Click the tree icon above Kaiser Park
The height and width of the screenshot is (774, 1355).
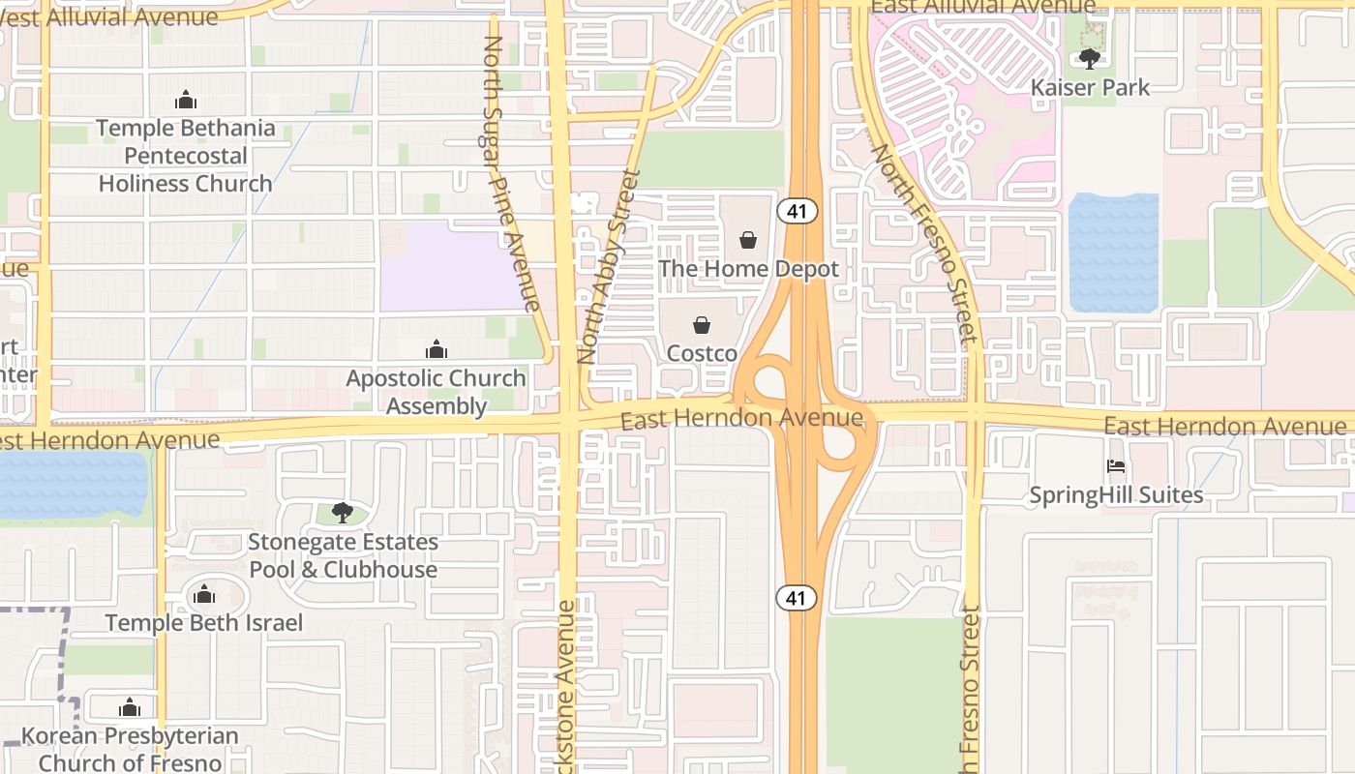coord(1090,59)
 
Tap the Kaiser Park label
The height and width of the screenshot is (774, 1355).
coord(1090,87)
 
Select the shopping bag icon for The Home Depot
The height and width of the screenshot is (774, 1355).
coord(748,240)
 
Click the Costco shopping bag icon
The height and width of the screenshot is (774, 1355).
coord(702,325)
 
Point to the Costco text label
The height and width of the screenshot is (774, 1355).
coord(702,354)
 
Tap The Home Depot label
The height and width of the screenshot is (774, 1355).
coord(748,269)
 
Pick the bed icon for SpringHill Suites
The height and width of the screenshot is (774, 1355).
coord(1116,466)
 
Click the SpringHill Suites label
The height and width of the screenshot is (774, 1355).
coord(1116,495)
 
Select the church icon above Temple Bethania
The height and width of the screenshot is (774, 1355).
coord(185,100)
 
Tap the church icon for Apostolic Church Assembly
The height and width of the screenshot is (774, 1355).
coord(437,349)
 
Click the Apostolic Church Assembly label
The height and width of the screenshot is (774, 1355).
coord(437,392)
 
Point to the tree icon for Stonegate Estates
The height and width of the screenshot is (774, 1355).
coord(342,513)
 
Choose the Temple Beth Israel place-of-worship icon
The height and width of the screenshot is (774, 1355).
coord(204,594)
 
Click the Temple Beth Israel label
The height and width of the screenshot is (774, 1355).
coord(204,623)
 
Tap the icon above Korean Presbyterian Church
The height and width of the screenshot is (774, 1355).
coord(130,707)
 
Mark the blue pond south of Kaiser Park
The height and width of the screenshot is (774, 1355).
coord(1113,253)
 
